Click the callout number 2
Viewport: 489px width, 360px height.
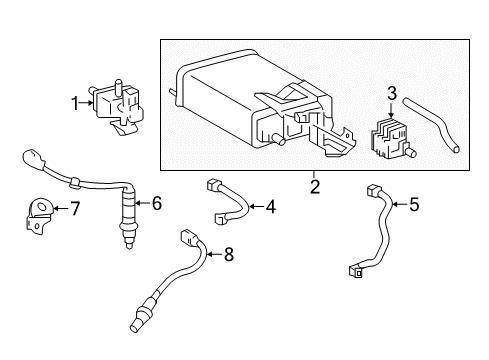click(314, 186)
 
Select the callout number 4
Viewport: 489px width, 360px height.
click(269, 207)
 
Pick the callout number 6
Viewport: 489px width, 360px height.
click(156, 204)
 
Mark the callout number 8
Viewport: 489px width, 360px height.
click(228, 255)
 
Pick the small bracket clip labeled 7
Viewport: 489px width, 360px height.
click(37, 216)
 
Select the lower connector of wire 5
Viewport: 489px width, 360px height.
click(358, 268)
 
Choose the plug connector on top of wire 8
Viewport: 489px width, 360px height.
click(189, 239)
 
